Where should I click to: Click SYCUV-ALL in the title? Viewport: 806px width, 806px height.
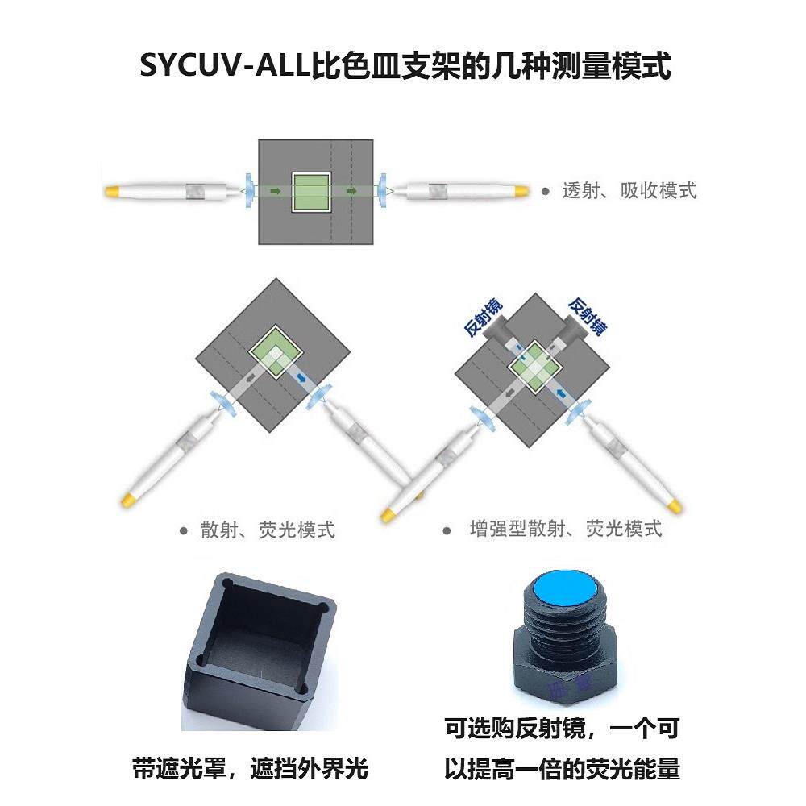[224, 67]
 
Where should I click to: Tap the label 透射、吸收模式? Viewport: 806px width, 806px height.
[629, 191]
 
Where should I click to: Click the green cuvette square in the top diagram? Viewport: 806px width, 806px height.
[311, 192]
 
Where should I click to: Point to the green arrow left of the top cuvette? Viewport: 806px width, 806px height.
[276, 191]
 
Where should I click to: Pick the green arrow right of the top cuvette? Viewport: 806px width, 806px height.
[351, 191]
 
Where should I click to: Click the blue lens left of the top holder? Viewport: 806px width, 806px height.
[249, 191]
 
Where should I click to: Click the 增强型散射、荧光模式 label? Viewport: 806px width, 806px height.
[565, 530]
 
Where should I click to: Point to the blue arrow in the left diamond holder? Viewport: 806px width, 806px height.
[300, 377]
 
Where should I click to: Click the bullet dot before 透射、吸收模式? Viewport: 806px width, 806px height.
[545, 192]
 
